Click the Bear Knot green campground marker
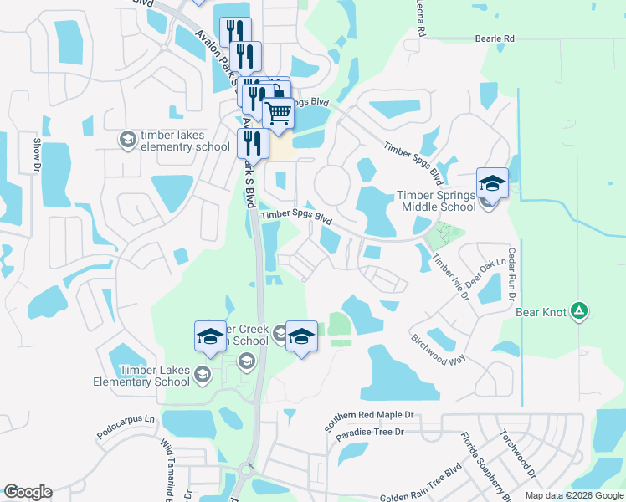pos(578,312)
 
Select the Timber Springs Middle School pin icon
pos(492,183)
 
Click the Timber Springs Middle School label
pos(435,202)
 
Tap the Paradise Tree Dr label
pos(369,433)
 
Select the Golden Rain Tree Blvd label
pos(420,492)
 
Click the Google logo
pos(27,492)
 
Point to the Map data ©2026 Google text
pos(573,495)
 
